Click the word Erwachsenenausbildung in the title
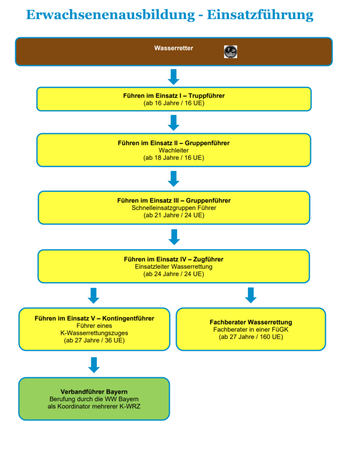coord(110,15)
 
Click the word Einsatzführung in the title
coord(260,15)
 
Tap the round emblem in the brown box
coord(231,52)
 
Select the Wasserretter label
coord(174,48)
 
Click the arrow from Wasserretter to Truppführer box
coord(174,77)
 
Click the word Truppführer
coord(206,96)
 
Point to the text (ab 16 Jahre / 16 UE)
coord(174,103)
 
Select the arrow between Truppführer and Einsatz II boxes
coord(174,122)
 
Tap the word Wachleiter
coord(174,150)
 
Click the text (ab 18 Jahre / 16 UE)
coord(174,158)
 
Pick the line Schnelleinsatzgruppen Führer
coord(174,208)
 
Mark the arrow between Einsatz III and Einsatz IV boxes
coord(174,237)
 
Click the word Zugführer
coord(208,259)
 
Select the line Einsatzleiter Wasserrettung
coord(174,267)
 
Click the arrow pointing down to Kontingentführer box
coord(94,295)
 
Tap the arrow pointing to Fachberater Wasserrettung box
coord(251,295)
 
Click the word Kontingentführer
coord(128,318)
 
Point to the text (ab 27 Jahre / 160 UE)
coord(251,337)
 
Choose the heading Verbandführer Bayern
coord(94,392)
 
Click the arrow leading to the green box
coord(94,365)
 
